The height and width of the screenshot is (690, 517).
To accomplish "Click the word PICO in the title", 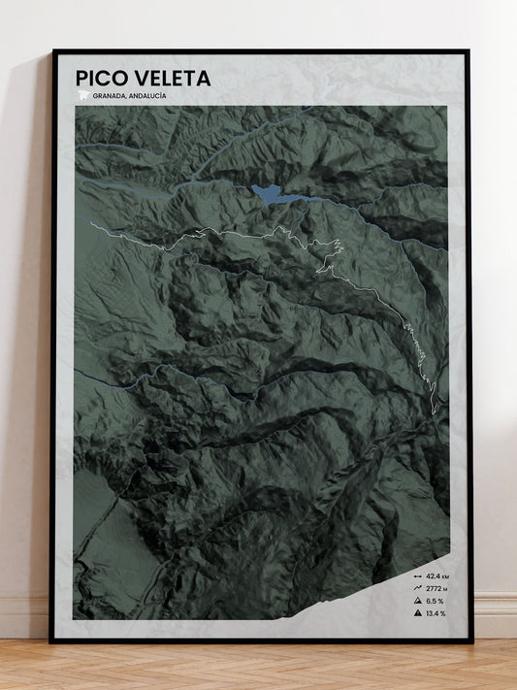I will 101,78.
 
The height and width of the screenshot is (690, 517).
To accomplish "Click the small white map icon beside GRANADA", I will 82,96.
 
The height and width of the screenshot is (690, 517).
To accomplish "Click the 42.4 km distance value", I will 438,575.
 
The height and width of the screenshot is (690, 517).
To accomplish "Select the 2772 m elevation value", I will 437,588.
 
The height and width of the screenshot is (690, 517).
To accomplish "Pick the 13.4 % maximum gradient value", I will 438,613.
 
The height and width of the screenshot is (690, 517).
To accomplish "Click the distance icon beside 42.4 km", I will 417,575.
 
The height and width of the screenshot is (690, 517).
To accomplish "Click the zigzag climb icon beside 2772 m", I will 417,588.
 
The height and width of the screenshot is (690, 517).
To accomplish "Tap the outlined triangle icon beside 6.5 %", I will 417,601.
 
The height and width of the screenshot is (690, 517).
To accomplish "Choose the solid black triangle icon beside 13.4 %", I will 417,613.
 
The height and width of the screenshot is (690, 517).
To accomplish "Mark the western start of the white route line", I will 91,224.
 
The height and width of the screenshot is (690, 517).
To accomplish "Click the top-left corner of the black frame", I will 53,51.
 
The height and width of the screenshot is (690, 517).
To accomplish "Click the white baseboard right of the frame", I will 495,615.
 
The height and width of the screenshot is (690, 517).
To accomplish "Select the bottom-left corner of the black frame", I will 52,641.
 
